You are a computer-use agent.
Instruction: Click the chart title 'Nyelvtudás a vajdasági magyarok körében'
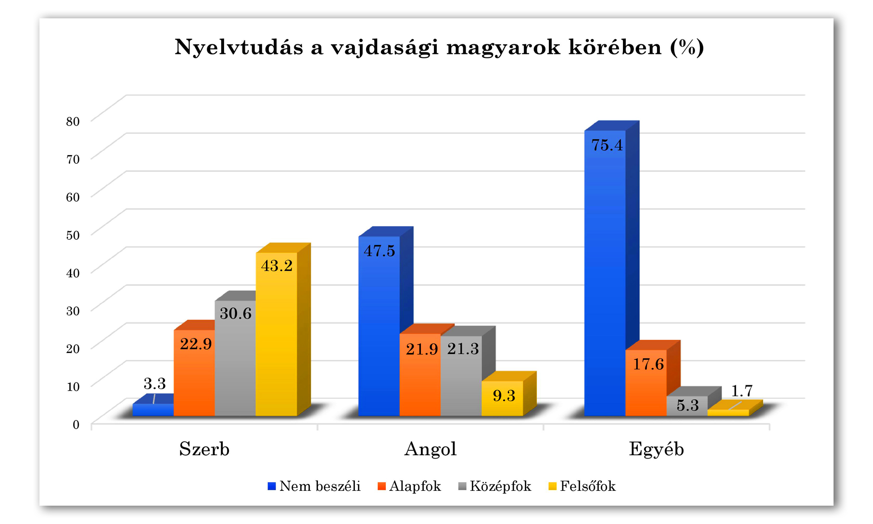click(x=439, y=47)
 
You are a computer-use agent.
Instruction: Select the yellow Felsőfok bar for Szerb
click(x=277, y=337)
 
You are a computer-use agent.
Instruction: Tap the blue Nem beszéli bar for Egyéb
click(x=605, y=279)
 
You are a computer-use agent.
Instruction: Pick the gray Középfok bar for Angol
click(x=461, y=380)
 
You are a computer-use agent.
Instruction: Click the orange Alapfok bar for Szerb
click(x=194, y=376)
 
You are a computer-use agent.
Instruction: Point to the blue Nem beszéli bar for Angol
click(x=379, y=332)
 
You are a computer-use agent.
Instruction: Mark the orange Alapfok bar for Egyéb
click(x=646, y=385)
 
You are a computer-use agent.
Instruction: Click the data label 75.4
click(x=607, y=145)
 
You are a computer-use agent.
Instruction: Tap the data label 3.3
click(x=154, y=384)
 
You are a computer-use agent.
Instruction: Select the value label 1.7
click(x=742, y=391)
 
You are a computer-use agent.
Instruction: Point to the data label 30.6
click(x=236, y=314)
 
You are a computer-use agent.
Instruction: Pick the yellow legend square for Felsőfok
click(x=552, y=486)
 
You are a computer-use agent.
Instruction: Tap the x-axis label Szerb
click(x=204, y=449)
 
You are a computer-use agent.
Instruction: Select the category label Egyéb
click(x=657, y=449)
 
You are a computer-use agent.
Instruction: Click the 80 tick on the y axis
click(x=73, y=121)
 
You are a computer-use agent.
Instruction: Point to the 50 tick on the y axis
click(x=73, y=235)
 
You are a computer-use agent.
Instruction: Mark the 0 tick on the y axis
click(x=76, y=425)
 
